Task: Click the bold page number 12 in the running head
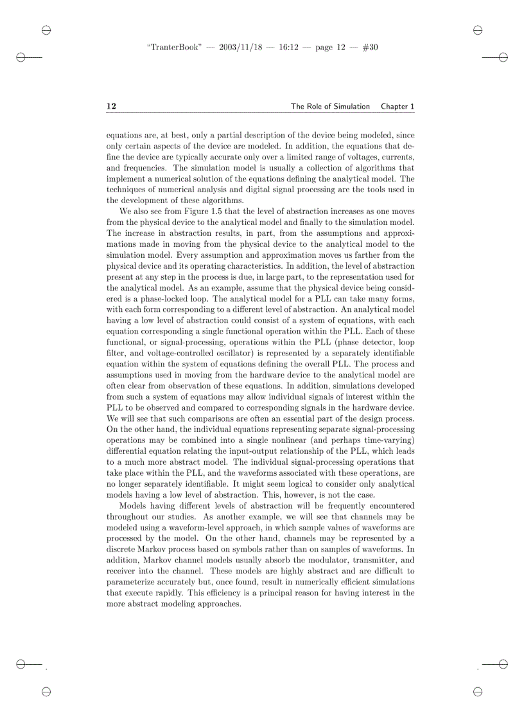(x=111, y=106)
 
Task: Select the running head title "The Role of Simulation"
(x=330, y=106)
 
